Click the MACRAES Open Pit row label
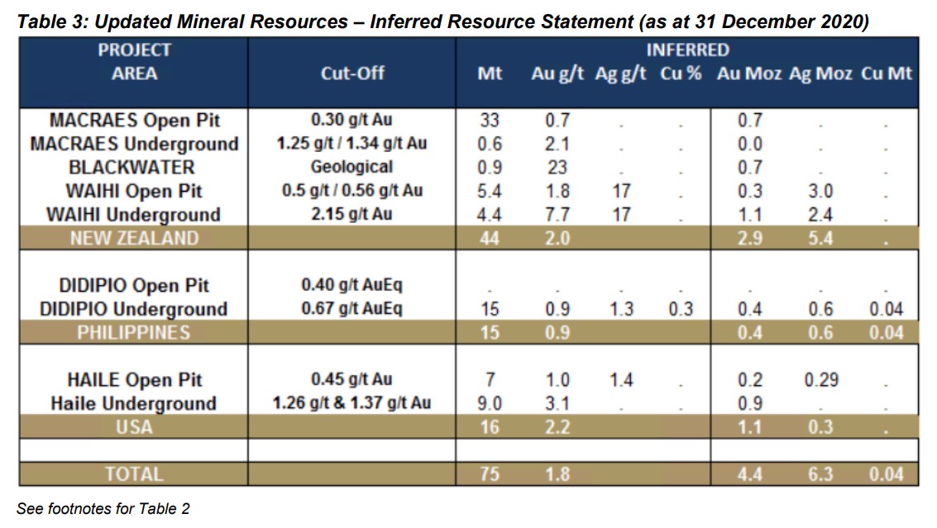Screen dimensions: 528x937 coord(135,121)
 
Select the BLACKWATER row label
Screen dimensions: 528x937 coord(133,168)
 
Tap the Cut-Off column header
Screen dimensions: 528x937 coord(352,74)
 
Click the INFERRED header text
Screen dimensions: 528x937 coord(688,50)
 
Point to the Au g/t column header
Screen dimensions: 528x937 coord(557,74)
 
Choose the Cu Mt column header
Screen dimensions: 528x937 coord(886,74)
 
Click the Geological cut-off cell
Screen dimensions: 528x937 coord(352,168)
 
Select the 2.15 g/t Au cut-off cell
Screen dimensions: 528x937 coord(352,215)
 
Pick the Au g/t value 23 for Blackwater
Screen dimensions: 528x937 coord(557,168)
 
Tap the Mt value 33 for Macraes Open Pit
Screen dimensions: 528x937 coord(490,121)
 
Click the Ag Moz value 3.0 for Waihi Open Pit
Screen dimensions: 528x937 coord(820,192)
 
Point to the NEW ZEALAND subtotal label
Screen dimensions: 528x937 coord(134,239)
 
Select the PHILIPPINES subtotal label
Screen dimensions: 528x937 coord(134,333)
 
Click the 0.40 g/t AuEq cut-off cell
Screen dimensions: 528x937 coord(352,286)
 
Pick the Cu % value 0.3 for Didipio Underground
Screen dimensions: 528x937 coord(681,310)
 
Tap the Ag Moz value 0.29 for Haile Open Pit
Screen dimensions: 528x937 coord(820,380)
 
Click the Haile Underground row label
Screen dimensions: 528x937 coord(134,404)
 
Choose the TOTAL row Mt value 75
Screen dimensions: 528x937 coord(490,475)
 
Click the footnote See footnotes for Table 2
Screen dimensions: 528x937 coord(103,509)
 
